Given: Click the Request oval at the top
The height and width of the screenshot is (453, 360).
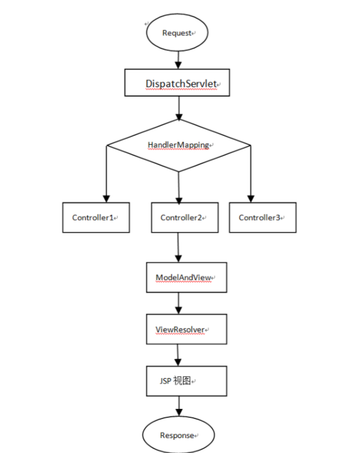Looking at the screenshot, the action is (x=177, y=33).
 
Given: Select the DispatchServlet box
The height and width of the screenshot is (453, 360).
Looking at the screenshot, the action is (x=177, y=83).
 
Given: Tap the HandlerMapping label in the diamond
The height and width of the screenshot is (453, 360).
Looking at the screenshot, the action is (x=179, y=145).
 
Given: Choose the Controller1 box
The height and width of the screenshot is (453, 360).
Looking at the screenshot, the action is (x=96, y=217).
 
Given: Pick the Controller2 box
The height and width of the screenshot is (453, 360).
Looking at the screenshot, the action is (x=185, y=217).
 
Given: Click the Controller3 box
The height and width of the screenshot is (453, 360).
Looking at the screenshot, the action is (x=263, y=217).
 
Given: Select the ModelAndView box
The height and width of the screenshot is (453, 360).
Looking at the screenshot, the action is (x=186, y=277).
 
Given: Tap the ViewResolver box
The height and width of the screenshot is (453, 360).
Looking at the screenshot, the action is (x=186, y=330).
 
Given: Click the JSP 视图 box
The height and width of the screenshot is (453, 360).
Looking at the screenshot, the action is (x=186, y=381).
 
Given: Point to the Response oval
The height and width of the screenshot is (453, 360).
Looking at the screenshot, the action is (x=179, y=435).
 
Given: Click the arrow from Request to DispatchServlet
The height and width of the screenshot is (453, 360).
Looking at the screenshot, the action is (x=179, y=60).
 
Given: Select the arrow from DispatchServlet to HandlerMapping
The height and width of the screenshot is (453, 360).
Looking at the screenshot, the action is (x=179, y=108).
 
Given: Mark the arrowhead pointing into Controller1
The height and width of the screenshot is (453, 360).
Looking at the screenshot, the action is (x=107, y=199).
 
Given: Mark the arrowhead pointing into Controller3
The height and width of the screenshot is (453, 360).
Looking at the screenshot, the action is (x=251, y=199).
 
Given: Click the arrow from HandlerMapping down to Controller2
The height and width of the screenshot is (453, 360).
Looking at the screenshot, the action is (x=179, y=188).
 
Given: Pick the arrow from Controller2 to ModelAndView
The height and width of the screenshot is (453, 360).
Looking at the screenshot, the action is (x=179, y=248).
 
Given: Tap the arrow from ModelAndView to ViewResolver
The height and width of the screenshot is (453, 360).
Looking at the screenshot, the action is (x=179, y=303).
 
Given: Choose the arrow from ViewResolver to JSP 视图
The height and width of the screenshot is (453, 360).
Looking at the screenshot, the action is (x=178, y=355).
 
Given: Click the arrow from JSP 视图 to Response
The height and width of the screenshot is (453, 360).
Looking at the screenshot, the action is (x=179, y=406).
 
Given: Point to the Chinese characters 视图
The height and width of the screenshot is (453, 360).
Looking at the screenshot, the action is (x=182, y=381).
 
